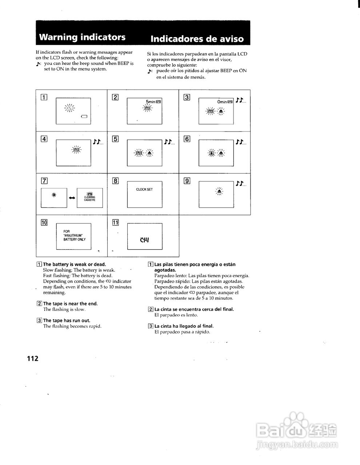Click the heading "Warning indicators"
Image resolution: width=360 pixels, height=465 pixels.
pos(82,37)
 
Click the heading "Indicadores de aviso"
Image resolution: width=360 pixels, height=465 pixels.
pos(197,39)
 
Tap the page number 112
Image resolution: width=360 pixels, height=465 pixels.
pos(32,359)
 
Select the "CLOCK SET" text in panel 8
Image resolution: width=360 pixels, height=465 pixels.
pos(144,190)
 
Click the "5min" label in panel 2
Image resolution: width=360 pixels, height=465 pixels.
pos(150,102)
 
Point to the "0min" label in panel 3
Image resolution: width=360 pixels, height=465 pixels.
pos(222,102)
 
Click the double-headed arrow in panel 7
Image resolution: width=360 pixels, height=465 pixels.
pos(72,198)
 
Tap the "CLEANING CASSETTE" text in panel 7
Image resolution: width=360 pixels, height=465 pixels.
pos(89,198)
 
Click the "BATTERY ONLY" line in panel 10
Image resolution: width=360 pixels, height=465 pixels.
pos(75,239)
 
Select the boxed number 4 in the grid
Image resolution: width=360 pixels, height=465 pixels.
pos(44,138)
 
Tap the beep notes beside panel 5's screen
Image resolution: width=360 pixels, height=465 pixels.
pos(169,142)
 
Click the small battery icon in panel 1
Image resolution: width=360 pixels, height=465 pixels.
pos(84,117)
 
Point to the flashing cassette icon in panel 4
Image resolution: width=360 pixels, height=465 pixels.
pos(76,149)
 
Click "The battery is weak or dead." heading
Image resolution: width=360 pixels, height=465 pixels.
pos(75,264)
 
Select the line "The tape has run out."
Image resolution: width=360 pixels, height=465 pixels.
pos(67,320)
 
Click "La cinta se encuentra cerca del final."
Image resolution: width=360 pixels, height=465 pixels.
pos(194,309)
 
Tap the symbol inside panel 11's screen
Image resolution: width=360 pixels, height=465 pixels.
pos(144,240)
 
